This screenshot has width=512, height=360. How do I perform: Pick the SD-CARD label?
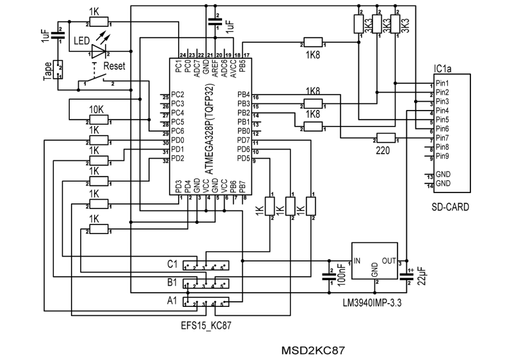pos(451,208)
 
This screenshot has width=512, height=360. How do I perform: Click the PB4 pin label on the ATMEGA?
pos(243,95)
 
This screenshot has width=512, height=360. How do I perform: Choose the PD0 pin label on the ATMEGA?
pos(178,140)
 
